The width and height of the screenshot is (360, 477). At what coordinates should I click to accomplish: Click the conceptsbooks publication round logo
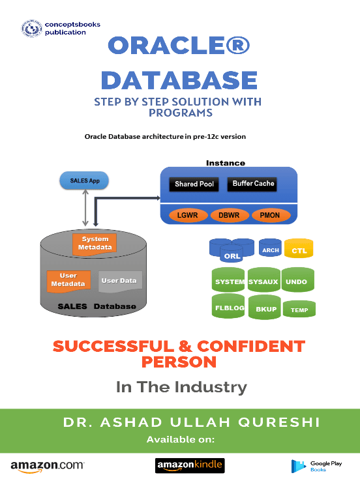coord(32,29)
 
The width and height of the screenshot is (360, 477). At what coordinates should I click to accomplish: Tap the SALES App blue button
coord(84,181)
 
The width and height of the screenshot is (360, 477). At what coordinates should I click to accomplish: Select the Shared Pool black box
coord(194,184)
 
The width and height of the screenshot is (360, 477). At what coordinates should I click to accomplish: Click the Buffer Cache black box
coord(252,184)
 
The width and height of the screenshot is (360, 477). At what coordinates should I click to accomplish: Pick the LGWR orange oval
coord(188,216)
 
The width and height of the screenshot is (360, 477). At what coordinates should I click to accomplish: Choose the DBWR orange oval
coord(230,216)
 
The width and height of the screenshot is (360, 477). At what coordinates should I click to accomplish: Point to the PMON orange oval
coord(271,216)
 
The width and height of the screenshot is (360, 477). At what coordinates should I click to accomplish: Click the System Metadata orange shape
coord(95,244)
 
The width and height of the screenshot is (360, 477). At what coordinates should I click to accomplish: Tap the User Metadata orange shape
coord(68,282)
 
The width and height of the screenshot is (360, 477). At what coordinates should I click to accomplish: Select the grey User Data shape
coord(120,282)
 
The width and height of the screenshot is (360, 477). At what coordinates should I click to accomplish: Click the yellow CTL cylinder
coord(299,248)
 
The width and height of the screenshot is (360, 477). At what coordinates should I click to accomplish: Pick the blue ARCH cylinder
coord(270,248)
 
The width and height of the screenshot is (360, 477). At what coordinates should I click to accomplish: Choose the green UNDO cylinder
coord(297,280)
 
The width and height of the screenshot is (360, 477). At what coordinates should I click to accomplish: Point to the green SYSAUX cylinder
coord(263,280)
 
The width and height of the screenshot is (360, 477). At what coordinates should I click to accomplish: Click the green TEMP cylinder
coord(299,309)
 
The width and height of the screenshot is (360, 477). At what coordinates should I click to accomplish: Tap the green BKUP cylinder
coord(265,307)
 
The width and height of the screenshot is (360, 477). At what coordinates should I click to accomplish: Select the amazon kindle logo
coord(190,465)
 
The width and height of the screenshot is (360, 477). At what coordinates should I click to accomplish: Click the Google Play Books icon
coord(299,466)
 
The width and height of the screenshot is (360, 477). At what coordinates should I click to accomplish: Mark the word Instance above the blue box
coord(226,163)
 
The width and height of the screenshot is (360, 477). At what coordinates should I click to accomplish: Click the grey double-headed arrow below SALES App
coord(85,208)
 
